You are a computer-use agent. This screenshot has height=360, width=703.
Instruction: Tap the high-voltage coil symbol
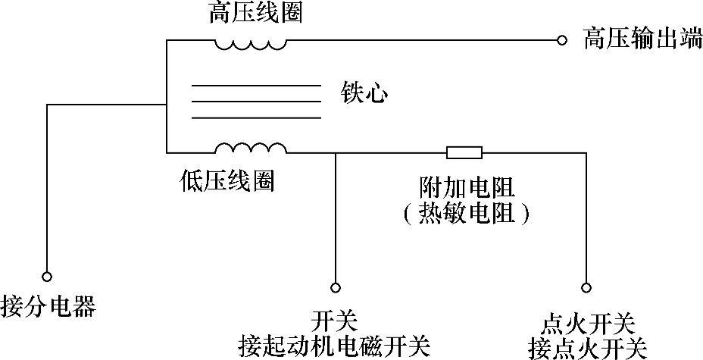click(x=250, y=43)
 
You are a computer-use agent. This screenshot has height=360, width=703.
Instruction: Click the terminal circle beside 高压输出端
click(x=561, y=39)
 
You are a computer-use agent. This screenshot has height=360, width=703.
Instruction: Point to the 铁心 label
click(x=364, y=94)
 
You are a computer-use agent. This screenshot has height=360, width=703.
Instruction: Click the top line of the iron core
click(x=255, y=86)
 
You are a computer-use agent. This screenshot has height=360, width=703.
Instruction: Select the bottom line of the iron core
click(x=255, y=118)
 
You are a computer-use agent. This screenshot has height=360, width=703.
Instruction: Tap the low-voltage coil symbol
click(x=250, y=146)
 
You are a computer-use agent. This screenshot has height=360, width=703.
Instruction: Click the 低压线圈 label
click(x=227, y=180)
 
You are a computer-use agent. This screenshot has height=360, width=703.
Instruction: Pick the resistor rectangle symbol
click(x=464, y=153)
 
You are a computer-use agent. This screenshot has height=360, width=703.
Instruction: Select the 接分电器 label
click(x=49, y=307)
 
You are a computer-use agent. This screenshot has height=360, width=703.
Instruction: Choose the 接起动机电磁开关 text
click(x=334, y=346)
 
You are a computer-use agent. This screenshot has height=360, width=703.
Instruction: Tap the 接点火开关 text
click(x=589, y=348)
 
